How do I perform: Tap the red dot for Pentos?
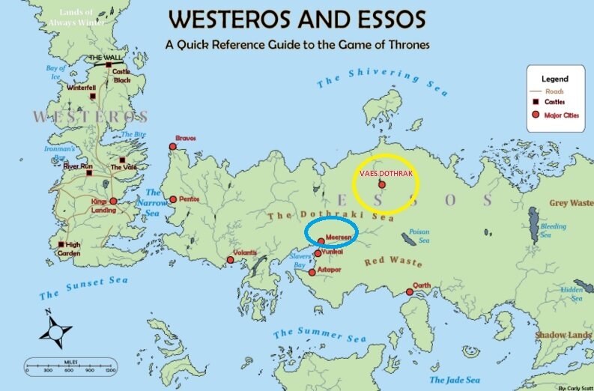[x=173, y=199]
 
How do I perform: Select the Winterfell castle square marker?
[x=92, y=96]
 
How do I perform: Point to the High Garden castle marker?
[x=61, y=244]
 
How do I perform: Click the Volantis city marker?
[x=231, y=261]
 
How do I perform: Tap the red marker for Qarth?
[x=410, y=292]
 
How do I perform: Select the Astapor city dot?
[x=312, y=272]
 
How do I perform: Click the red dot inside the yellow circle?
[x=382, y=184]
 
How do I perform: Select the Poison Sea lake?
[x=409, y=239]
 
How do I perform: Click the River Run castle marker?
[x=89, y=173]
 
